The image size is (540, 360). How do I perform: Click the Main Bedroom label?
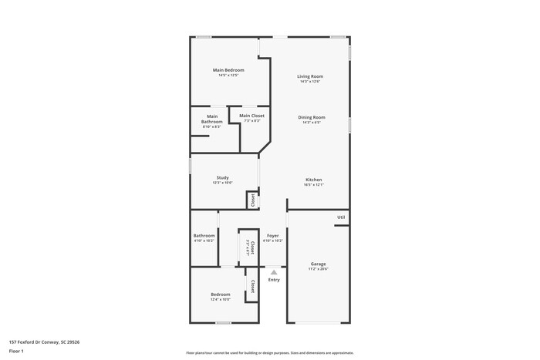(228, 70)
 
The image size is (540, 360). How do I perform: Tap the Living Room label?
(310, 76)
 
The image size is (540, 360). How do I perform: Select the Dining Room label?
(312, 117)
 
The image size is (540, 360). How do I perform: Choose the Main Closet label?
(251, 116)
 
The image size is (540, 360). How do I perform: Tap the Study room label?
(222, 177)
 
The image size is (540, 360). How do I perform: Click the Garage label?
(318, 264)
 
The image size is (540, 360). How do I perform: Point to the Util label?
(340, 217)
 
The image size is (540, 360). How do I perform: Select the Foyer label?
(272, 235)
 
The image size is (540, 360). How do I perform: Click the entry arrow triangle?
(273, 271)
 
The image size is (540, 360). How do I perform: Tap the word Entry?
(274, 280)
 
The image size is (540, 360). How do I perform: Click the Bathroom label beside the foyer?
(204, 235)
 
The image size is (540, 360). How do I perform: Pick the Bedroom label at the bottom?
(221, 294)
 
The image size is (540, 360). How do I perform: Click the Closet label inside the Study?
(251, 200)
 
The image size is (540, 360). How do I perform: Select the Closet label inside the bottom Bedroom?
(251, 286)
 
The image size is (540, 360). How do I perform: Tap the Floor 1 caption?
(17, 351)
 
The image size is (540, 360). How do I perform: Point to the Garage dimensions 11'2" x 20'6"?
(318, 269)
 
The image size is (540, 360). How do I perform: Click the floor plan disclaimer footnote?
(270, 352)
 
